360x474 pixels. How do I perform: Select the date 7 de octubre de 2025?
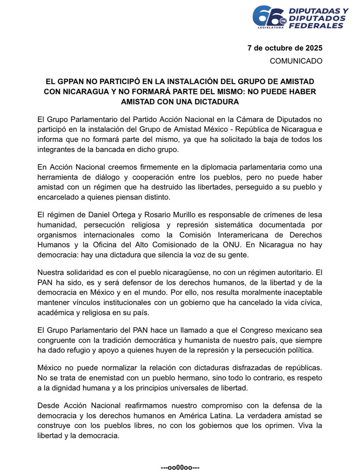[285, 48]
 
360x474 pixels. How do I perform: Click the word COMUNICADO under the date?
[296, 61]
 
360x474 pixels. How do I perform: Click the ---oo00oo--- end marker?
[180, 468]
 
